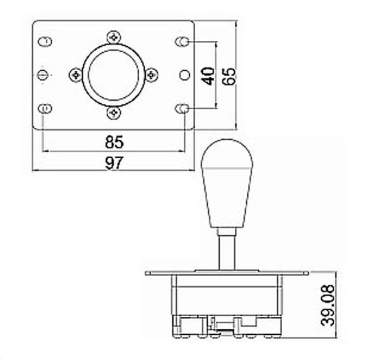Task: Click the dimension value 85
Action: pos(114,142)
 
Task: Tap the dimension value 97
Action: pos(114,163)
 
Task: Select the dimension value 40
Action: pos(208,76)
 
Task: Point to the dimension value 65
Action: pos(229,76)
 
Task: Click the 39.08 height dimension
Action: pos(328,305)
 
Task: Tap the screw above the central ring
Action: pos(114,37)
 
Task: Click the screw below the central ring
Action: pos(114,113)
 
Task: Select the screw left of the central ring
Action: pos(76,75)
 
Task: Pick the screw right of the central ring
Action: pos(151,75)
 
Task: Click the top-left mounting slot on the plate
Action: pos(45,41)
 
